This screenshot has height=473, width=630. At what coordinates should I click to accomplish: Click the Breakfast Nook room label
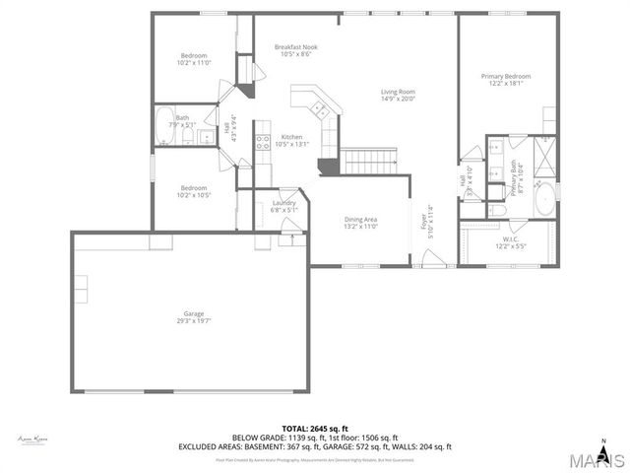(295, 50)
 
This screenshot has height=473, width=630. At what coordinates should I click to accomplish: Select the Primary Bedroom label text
(505, 80)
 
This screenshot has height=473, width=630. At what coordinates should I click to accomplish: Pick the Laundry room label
(284, 206)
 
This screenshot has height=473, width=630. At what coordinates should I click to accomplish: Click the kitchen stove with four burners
(263, 140)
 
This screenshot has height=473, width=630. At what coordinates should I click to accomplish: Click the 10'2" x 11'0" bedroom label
(194, 59)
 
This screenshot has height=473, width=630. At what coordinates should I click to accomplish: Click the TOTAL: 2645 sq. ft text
(315, 429)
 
